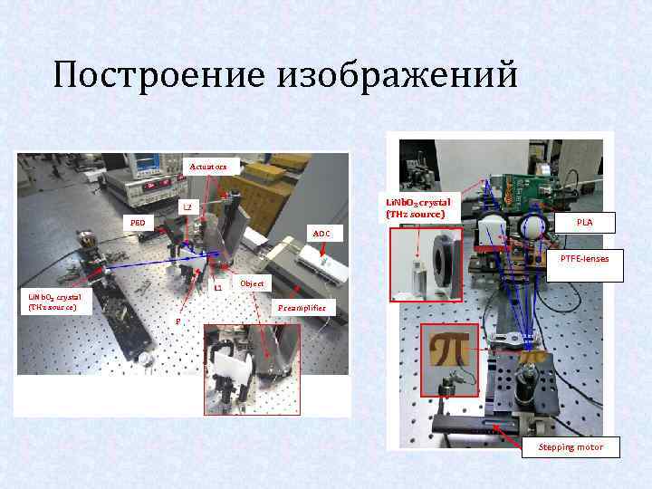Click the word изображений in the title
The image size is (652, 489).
tap(398, 75)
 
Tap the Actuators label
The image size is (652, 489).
tap(215, 167)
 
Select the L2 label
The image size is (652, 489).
tap(187, 207)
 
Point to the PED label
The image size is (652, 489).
tap(137, 222)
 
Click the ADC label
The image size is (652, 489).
tap(321, 234)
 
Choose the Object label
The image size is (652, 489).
tap(252, 283)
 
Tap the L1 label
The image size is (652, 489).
tap(218, 288)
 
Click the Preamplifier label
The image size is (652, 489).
tap(302, 309)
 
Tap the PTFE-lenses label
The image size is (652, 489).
tap(585, 259)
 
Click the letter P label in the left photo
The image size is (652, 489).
tap(177, 321)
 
